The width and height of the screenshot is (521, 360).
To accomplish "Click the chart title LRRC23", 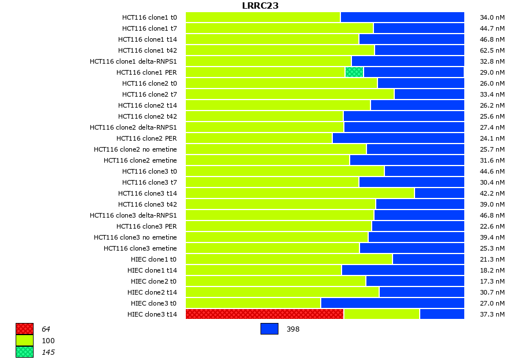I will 260,6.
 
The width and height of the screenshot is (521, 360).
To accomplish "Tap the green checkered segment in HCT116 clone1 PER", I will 354,72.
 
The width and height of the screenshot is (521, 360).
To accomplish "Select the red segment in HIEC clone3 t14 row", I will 265,314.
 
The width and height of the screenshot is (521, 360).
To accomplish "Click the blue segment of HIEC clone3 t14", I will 442,314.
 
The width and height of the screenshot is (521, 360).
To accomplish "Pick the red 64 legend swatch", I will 24,329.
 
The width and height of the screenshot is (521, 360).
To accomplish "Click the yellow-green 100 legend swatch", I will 24,340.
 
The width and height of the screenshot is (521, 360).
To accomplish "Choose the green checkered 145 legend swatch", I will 24,352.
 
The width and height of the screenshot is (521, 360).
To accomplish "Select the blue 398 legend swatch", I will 269,329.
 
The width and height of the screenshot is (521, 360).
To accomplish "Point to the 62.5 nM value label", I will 493,50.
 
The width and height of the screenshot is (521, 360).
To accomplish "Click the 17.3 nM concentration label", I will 493,281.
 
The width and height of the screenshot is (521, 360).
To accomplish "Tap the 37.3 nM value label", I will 493,314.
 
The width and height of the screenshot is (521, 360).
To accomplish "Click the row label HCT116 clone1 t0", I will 149,17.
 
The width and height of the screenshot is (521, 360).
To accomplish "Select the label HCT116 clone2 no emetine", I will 135,149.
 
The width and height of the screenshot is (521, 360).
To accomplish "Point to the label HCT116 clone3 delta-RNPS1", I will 133,215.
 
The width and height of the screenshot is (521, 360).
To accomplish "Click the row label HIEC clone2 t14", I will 152,292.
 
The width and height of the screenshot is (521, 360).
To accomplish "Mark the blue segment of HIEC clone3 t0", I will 392,303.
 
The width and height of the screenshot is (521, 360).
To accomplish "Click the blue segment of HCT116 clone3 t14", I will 439,193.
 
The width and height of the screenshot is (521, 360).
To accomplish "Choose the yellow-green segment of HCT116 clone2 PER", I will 259,138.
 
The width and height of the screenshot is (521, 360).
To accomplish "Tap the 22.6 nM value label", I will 493,226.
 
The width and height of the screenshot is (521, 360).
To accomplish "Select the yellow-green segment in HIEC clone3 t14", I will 381,314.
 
